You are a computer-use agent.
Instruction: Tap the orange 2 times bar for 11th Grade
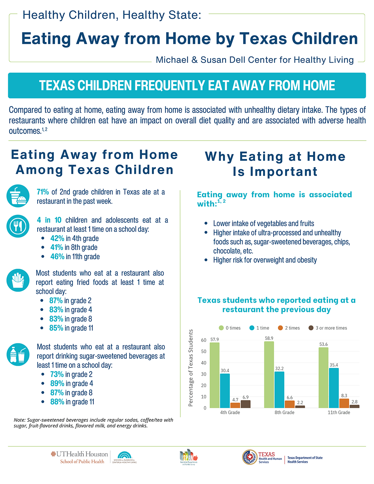pyautogui.click(x=344, y=403)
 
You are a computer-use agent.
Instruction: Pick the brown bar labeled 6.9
pyautogui.click(x=245, y=404)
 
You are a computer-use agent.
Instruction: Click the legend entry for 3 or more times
pyautogui.click(x=328, y=328)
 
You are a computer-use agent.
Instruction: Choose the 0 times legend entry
pyautogui.click(x=229, y=328)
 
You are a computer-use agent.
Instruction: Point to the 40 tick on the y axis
pyautogui.click(x=204, y=363)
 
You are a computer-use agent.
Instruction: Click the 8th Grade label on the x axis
pyautogui.click(x=284, y=412)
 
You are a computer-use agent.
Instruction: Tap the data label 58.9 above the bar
pyautogui.click(x=269, y=338)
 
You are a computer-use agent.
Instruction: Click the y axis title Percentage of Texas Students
pyautogui.click(x=191, y=368)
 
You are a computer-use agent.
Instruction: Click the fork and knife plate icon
pyautogui.click(x=18, y=226)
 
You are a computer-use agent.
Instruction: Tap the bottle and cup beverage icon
pyautogui.click(x=18, y=354)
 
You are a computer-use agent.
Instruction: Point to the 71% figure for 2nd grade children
pyautogui.click(x=43, y=192)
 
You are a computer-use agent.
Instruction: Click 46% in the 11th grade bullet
pyautogui.click(x=57, y=256)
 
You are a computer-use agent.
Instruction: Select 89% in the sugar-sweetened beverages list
pyautogui.click(x=57, y=383)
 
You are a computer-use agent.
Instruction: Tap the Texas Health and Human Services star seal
pyautogui.click(x=250, y=457)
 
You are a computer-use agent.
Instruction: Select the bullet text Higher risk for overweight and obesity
pyautogui.click(x=265, y=260)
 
